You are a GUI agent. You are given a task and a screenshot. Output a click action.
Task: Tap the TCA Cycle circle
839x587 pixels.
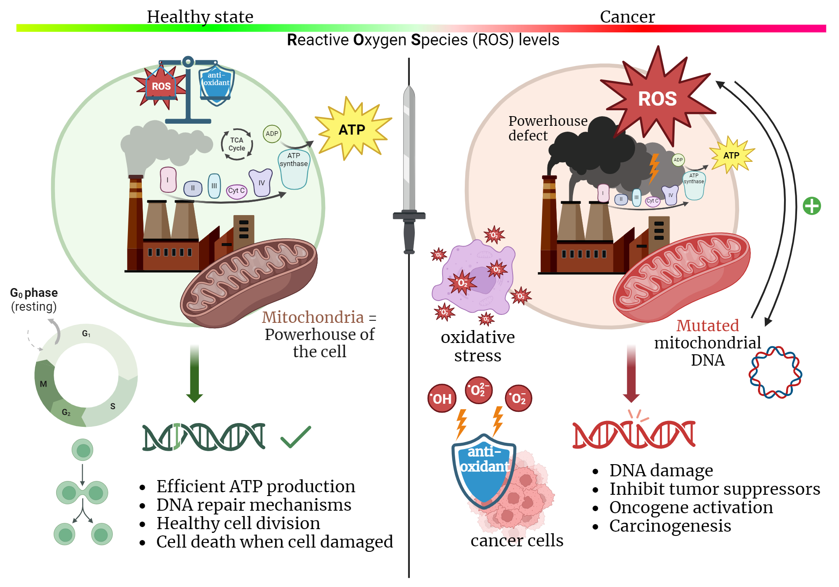pyautogui.click(x=237, y=144)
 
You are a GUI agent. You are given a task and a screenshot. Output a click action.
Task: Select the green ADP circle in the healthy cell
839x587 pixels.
pyautogui.click(x=272, y=134)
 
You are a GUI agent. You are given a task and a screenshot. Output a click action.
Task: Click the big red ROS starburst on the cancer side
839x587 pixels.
pyautogui.click(x=657, y=99)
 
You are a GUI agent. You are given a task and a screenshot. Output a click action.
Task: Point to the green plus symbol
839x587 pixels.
pyautogui.click(x=812, y=206)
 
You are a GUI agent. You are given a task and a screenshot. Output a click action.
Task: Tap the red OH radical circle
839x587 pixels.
pyautogui.click(x=442, y=398)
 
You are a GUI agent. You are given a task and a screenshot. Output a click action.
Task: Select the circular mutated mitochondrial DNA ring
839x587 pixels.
pyautogui.click(x=775, y=372)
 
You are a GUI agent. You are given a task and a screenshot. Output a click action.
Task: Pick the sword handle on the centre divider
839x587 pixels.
pyautogui.click(x=409, y=235)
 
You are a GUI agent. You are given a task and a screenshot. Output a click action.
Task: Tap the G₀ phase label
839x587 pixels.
pyautogui.click(x=34, y=293)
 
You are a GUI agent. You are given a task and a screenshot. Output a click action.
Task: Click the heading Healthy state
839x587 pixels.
pyautogui.click(x=200, y=17)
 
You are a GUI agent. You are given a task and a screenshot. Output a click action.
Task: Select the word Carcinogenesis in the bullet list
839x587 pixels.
pyautogui.click(x=670, y=526)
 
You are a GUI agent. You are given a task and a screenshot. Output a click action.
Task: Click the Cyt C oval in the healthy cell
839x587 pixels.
pyautogui.click(x=237, y=191)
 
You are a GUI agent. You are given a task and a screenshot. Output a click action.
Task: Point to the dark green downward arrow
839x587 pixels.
pyautogui.click(x=194, y=373)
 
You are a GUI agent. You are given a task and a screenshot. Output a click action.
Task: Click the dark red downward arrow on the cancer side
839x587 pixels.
pyautogui.click(x=631, y=373)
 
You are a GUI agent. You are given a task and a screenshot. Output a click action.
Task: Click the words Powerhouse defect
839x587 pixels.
pyautogui.click(x=545, y=128)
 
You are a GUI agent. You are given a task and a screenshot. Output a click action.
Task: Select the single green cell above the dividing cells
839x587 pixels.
pyautogui.click(x=83, y=450)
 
